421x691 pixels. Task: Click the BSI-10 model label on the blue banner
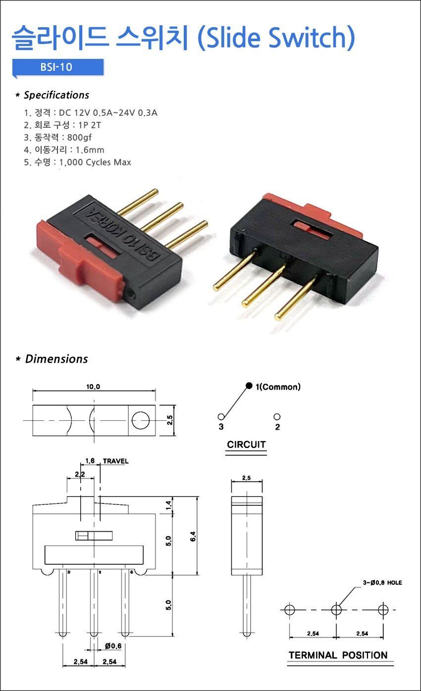[x=56, y=67]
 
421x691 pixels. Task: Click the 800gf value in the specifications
[x=79, y=137]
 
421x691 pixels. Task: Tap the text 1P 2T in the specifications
[x=90, y=125]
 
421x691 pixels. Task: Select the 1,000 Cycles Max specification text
[x=95, y=162]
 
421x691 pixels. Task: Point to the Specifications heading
[x=56, y=95]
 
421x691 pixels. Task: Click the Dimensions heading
[x=56, y=359]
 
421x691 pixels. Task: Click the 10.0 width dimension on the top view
[x=93, y=387]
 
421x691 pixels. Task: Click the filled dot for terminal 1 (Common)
[x=249, y=386]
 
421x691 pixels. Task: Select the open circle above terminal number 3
[x=221, y=417]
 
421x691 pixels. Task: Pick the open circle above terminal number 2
[x=277, y=417]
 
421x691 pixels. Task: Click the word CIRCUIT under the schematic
[x=246, y=444]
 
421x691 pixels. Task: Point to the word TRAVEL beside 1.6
[x=115, y=461]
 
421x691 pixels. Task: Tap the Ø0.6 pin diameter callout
[x=113, y=645]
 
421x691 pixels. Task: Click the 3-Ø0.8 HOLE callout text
[x=382, y=583]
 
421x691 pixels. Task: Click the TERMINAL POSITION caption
[x=338, y=655]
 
